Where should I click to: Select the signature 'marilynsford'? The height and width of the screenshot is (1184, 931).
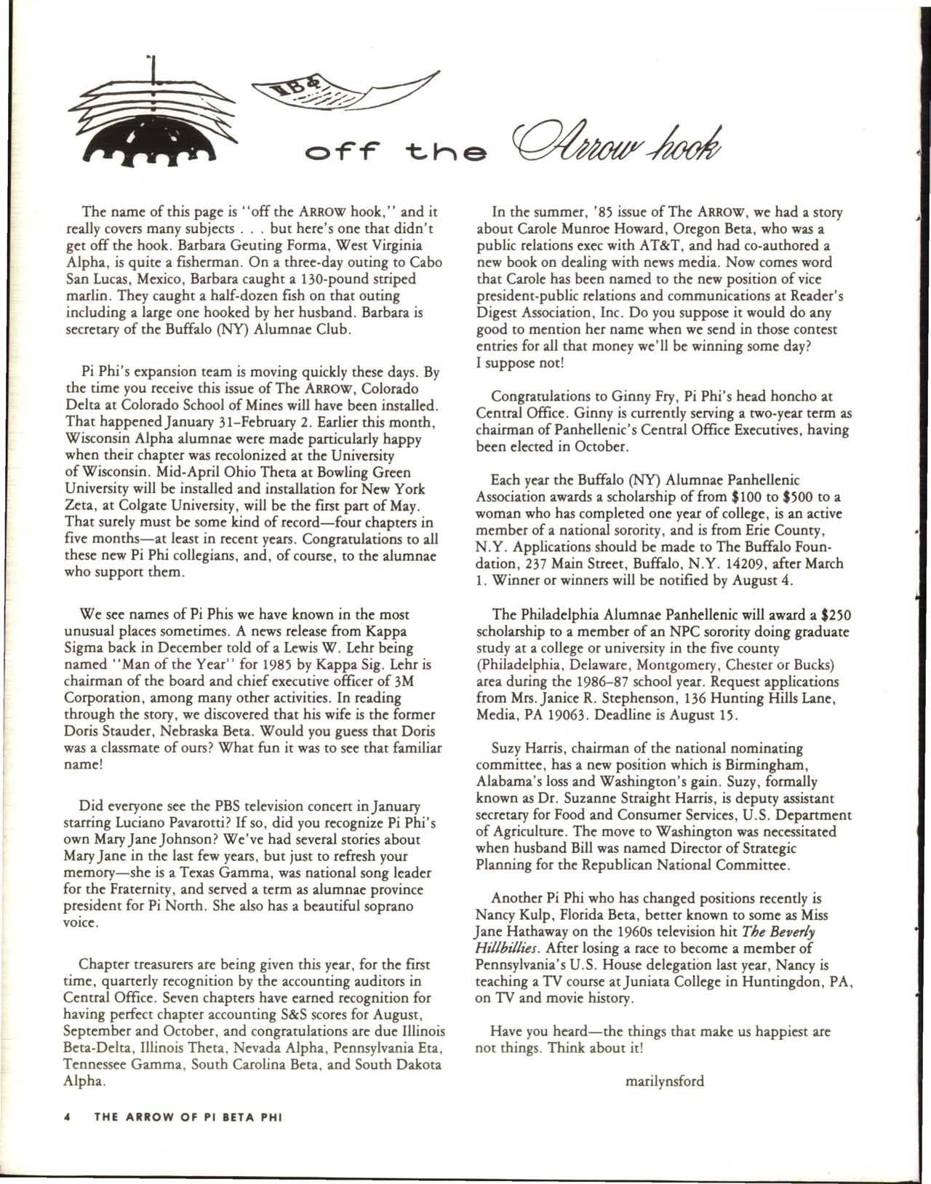(665, 1081)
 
